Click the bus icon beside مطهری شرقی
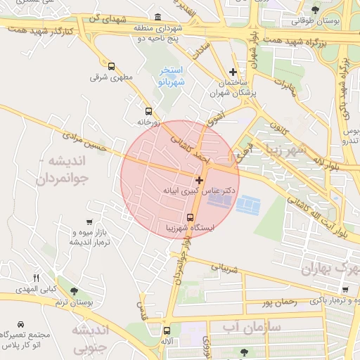[111, 66]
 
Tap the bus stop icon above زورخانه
[148, 111]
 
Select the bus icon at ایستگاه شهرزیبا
[190, 217]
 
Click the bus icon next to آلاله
[167, 330]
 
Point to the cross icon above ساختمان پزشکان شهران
[233, 72]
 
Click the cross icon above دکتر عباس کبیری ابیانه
[200, 180]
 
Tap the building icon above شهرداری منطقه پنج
[157, 17]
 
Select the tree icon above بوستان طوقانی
[315, 10]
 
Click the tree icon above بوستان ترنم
[75, 291]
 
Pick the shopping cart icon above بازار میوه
[89, 222]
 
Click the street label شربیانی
[226, 268]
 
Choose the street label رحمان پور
[278, 302]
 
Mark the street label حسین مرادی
[84, 134]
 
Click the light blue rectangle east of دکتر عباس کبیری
[247, 205]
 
